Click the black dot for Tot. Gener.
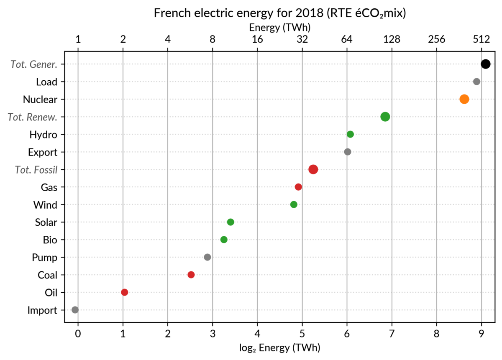click(x=485, y=64)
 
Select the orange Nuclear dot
click(x=464, y=99)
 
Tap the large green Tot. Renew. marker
click(x=385, y=117)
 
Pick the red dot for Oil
click(x=124, y=292)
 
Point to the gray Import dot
click(x=75, y=310)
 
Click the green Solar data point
click(x=231, y=222)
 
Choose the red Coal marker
click(x=191, y=275)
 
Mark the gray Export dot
click(x=347, y=152)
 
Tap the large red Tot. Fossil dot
click(x=313, y=169)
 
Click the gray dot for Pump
click(x=207, y=257)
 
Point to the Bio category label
click(x=50, y=240)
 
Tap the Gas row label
click(x=49, y=187)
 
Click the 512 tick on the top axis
click(x=482, y=40)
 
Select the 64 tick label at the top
click(x=347, y=40)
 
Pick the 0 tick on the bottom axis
click(x=78, y=334)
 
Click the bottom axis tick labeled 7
click(x=392, y=334)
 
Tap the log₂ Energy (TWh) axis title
click(x=279, y=347)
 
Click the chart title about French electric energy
click(x=280, y=13)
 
